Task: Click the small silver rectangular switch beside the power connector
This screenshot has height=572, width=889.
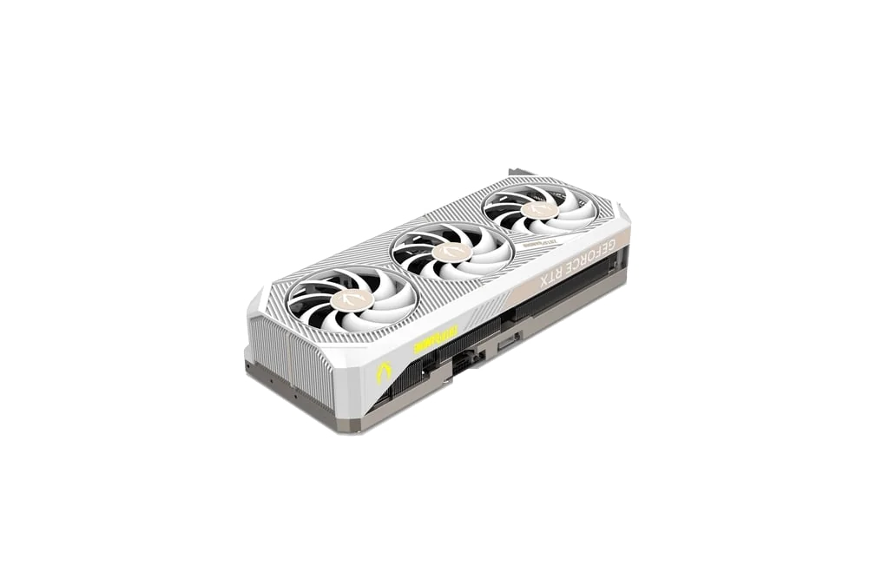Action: click(505, 345)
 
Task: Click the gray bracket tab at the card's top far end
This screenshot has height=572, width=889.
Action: click(519, 171)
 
